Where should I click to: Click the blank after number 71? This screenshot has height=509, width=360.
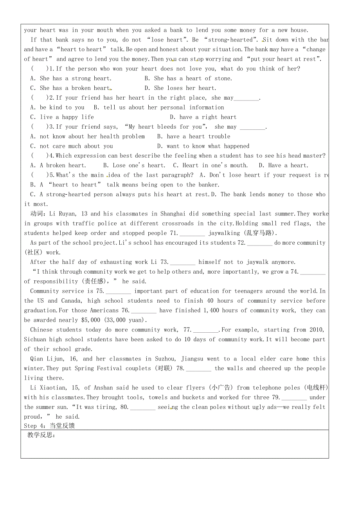click(192, 233)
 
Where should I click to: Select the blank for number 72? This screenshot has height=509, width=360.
click(259, 243)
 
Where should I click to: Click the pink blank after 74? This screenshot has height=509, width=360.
click(313, 272)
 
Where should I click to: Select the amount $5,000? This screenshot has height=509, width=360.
click(91, 320)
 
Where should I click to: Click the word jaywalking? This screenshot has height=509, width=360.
click(224, 233)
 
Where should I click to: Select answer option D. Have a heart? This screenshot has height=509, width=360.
click(284, 165)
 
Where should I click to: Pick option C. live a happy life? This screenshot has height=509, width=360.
click(62, 117)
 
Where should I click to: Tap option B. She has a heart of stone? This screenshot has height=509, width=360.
click(188, 78)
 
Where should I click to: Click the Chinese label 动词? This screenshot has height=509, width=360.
click(38, 214)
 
